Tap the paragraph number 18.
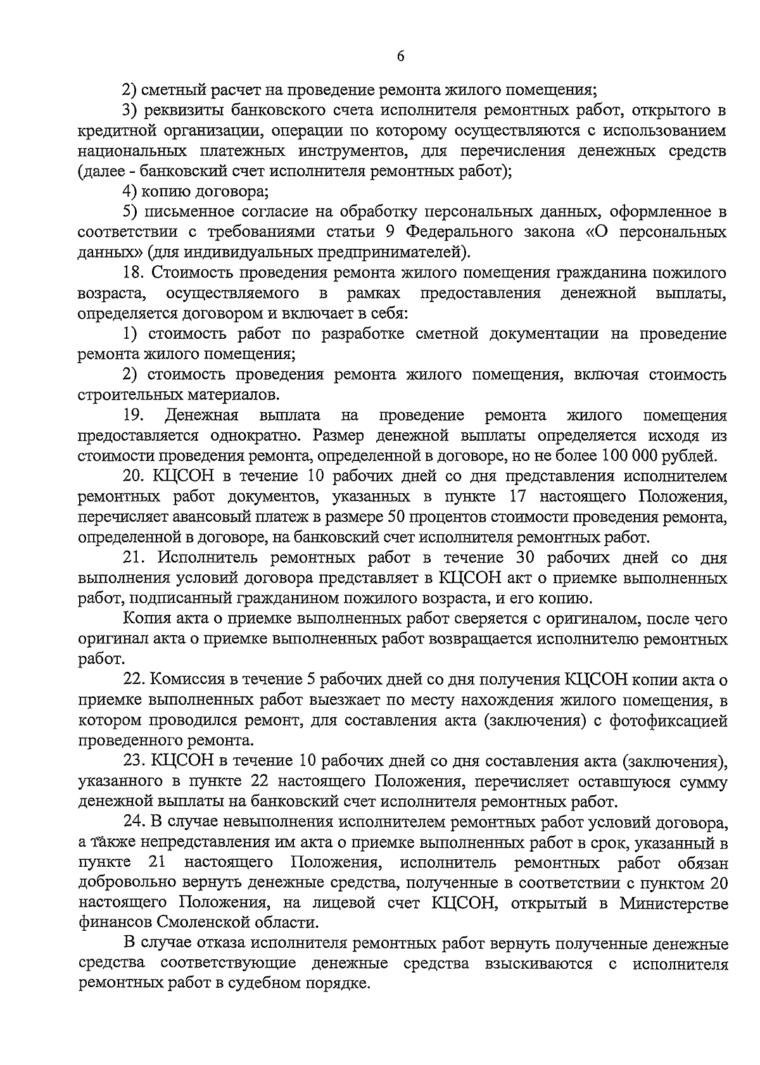click(135, 273)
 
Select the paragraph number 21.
click(136, 558)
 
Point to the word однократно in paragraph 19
click(256, 436)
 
